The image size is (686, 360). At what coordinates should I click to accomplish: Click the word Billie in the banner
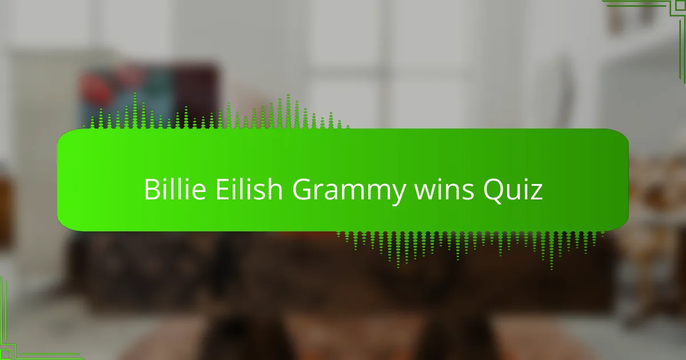[x=175, y=189]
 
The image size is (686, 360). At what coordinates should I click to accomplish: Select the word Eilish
[x=249, y=189]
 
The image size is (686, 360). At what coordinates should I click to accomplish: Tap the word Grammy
[x=349, y=191]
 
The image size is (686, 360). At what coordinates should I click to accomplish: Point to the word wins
[x=444, y=190]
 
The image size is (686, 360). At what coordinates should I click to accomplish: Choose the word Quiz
[x=513, y=190]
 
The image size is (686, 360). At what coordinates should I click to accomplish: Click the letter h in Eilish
[x=275, y=189]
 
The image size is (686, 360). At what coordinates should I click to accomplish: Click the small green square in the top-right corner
[x=680, y=6]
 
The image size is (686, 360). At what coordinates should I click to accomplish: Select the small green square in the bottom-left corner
[x=5, y=354]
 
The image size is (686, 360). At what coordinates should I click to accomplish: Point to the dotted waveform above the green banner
[x=216, y=111]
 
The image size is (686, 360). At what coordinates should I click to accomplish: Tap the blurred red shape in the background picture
[x=95, y=87]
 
